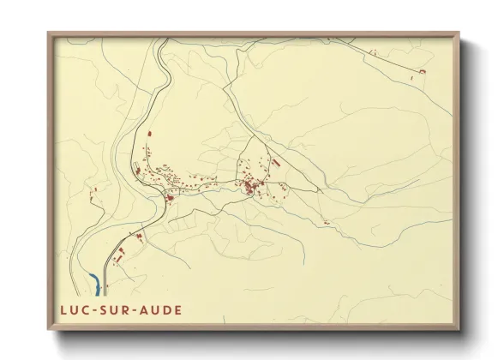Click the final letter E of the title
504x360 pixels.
click(177, 307)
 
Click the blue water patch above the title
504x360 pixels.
click(92, 279)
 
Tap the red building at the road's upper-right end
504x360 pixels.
click(421, 72)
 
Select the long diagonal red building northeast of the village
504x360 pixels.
click(276, 159)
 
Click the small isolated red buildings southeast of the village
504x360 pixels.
click(326, 222)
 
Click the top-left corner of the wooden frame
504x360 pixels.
click(49, 33)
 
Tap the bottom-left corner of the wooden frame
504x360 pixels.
click(49, 328)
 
